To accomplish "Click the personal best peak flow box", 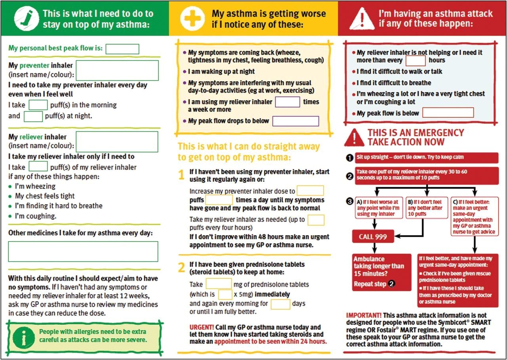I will [122, 49].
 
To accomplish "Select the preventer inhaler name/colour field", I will [117, 71].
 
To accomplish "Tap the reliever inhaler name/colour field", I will [117, 142].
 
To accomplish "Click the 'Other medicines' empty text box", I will [83, 251].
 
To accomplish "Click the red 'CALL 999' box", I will [373, 237].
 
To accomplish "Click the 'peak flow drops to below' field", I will [295, 121].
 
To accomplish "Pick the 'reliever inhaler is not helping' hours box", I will [416, 61].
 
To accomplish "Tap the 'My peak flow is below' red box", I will [448, 113].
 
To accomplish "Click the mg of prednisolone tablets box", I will [218, 284].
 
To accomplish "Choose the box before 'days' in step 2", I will [280, 304].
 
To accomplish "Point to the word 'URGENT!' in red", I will [202, 327].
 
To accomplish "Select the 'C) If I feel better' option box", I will [474, 217].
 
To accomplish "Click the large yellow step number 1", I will [181, 175].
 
